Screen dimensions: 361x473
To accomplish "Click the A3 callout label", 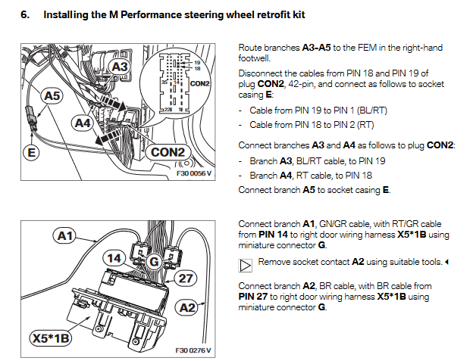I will (121, 67).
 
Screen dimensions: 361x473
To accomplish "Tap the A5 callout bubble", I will (52, 97).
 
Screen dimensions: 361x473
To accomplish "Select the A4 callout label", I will (83, 122).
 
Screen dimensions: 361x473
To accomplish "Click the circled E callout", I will (31, 152).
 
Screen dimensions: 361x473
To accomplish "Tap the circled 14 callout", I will (114, 259).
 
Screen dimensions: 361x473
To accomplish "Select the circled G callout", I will (153, 262).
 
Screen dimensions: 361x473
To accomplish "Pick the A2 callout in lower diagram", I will (186, 307).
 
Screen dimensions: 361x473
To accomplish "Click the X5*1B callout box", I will (50, 338).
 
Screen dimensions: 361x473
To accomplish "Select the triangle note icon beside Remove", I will (245, 265).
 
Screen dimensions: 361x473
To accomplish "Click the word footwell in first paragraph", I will (255, 58).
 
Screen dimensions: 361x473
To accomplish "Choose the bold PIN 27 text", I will (252, 297).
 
